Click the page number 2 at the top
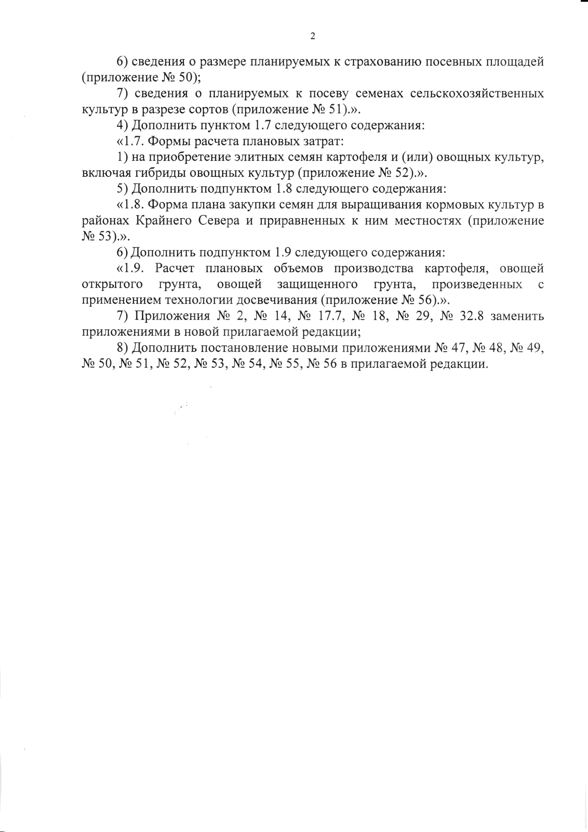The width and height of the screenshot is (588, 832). (x=313, y=36)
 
